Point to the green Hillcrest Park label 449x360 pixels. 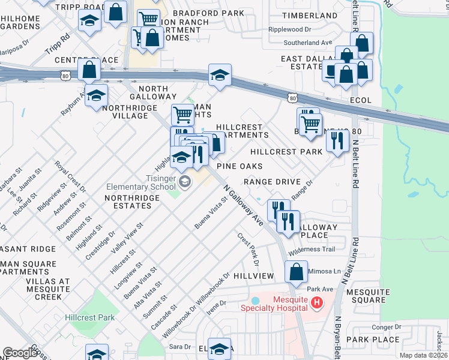coord(89,317)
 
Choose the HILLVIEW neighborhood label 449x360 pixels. coord(254,275)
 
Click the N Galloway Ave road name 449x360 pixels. coord(243,205)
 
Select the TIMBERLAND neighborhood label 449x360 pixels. coord(310,16)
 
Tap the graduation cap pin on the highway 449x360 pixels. coord(220,75)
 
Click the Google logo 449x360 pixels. coord(20,353)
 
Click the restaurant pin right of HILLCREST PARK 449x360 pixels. coord(337,140)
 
